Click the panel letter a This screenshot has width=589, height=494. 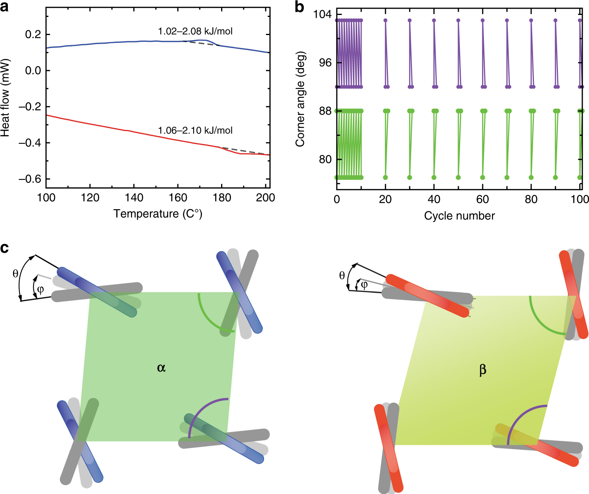coord(4,7)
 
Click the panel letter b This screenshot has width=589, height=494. coord(300,7)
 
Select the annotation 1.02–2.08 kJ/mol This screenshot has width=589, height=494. coord(195,31)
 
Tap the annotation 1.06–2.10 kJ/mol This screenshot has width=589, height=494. coord(195,130)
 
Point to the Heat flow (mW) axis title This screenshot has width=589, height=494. coord(5,98)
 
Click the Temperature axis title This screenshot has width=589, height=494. coord(158,214)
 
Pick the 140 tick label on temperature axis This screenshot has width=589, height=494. coord(134,198)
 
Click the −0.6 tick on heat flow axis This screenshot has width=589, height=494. coord(30,179)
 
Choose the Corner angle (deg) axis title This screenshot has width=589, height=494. coord(300,99)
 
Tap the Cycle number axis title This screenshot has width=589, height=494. coord(459,216)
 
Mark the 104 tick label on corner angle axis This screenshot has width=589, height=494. coord(322,15)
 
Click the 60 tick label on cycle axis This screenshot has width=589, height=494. coord(482,199)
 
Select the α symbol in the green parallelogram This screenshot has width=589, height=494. coord(161,368)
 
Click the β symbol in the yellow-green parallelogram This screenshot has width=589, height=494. coord(483,370)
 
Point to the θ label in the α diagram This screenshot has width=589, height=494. coord(15,274)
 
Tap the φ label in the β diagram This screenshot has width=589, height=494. coord(364,285)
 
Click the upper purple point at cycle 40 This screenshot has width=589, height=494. coord(434,20)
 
